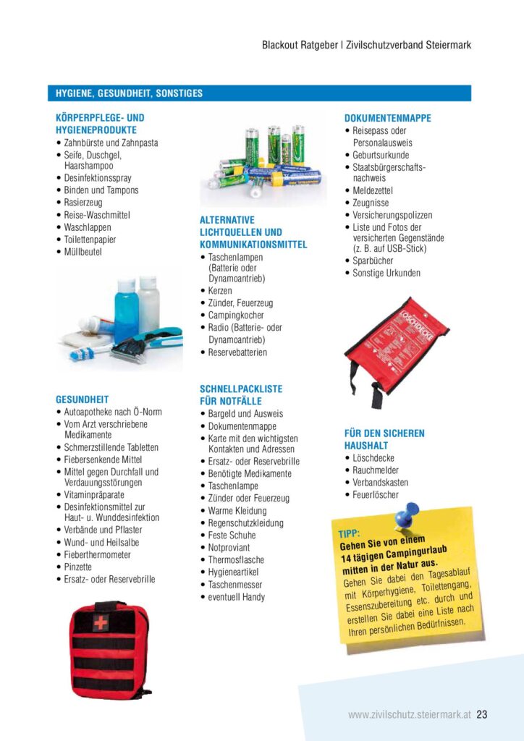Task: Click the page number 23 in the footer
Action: [482, 714]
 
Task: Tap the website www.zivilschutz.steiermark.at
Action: [409, 714]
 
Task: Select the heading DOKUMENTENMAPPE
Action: [387, 118]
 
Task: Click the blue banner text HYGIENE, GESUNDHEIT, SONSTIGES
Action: [129, 93]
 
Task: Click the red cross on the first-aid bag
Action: [100, 623]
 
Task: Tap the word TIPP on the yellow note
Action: [349, 534]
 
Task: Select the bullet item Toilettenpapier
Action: [90, 240]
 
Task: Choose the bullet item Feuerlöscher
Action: [376, 495]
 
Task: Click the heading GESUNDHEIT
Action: [82, 399]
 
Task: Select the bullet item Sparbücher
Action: [374, 261]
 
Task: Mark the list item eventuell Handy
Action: [237, 597]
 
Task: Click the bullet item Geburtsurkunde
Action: [381, 155]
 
